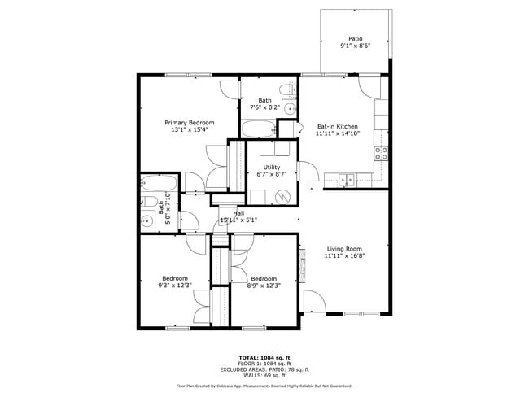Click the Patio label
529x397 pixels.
(x=355, y=38)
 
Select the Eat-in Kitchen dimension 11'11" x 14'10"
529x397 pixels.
(x=337, y=134)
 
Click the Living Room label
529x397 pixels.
(x=345, y=248)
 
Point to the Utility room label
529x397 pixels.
(x=271, y=167)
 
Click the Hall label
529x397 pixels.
(x=238, y=212)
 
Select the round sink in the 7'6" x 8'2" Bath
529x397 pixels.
(x=289, y=107)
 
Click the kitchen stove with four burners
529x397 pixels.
(x=381, y=151)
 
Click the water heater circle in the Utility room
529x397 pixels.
(x=282, y=196)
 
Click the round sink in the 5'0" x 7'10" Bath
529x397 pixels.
(x=146, y=220)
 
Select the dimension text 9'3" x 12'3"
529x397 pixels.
(x=174, y=285)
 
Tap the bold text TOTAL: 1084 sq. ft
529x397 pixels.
(x=264, y=358)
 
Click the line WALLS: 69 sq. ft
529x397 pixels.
(x=264, y=375)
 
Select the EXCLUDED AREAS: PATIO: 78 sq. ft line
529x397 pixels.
(x=264, y=369)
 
